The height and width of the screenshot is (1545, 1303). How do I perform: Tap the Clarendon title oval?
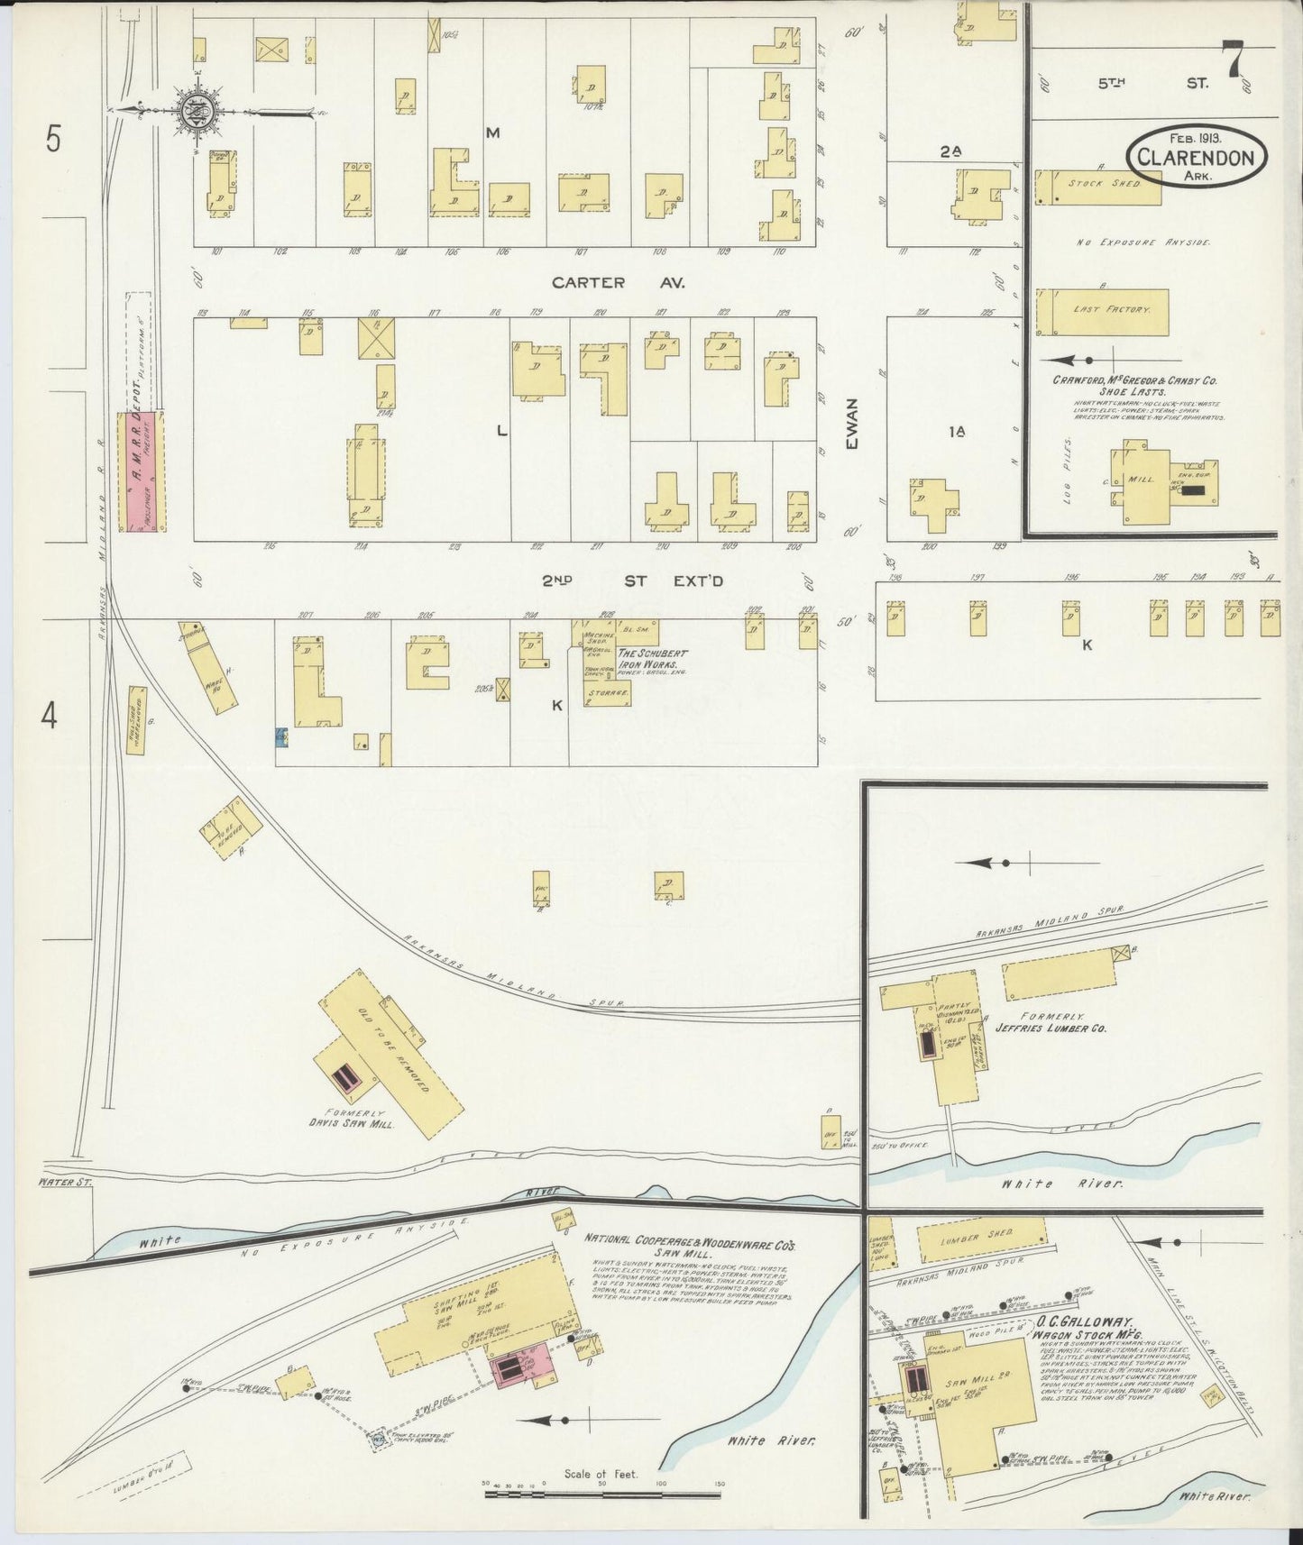[x=1195, y=156]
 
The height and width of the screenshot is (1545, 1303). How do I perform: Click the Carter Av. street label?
[x=619, y=282]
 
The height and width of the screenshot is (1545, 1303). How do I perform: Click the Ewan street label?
[x=852, y=424]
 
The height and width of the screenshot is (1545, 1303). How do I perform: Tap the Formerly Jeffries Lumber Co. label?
[x=1050, y=1021]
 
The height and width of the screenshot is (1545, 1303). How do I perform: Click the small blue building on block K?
[x=281, y=738]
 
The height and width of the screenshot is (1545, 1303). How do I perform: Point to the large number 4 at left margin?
[x=50, y=717]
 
